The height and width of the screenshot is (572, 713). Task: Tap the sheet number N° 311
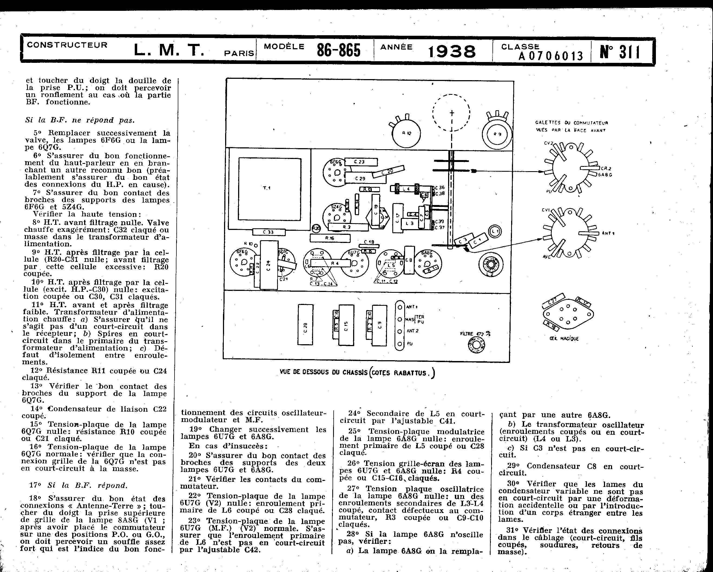(620, 52)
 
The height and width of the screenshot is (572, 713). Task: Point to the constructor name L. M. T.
(169, 50)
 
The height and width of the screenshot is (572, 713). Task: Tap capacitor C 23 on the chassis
(360, 162)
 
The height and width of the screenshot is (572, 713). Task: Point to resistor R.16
(330, 238)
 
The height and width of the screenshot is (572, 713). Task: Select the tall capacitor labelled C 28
(305, 324)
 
